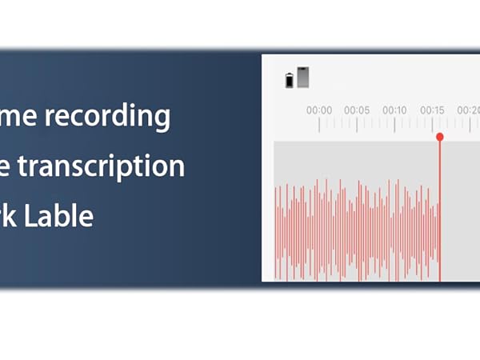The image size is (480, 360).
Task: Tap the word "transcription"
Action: (x=112, y=166)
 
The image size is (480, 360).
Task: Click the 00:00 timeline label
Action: (x=319, y=110)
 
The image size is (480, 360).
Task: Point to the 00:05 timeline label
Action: (x=357, y=110)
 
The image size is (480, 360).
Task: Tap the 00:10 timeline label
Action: (x=394, y=110)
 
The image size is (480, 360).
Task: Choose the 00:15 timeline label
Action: (x=432, y=110)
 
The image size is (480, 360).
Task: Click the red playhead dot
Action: (x=439, y=137)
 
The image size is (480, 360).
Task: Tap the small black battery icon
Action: (x=289, y=80)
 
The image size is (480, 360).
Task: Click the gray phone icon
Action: (x=302, y=77)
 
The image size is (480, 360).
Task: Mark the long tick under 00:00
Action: (x=319, y=124)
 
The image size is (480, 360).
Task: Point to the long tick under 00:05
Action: (x=357, y=124)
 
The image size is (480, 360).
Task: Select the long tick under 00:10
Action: (x=394, y=124)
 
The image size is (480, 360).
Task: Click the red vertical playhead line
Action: (x=439, y=208)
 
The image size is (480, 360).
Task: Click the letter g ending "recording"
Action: (x=162, y=120)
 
